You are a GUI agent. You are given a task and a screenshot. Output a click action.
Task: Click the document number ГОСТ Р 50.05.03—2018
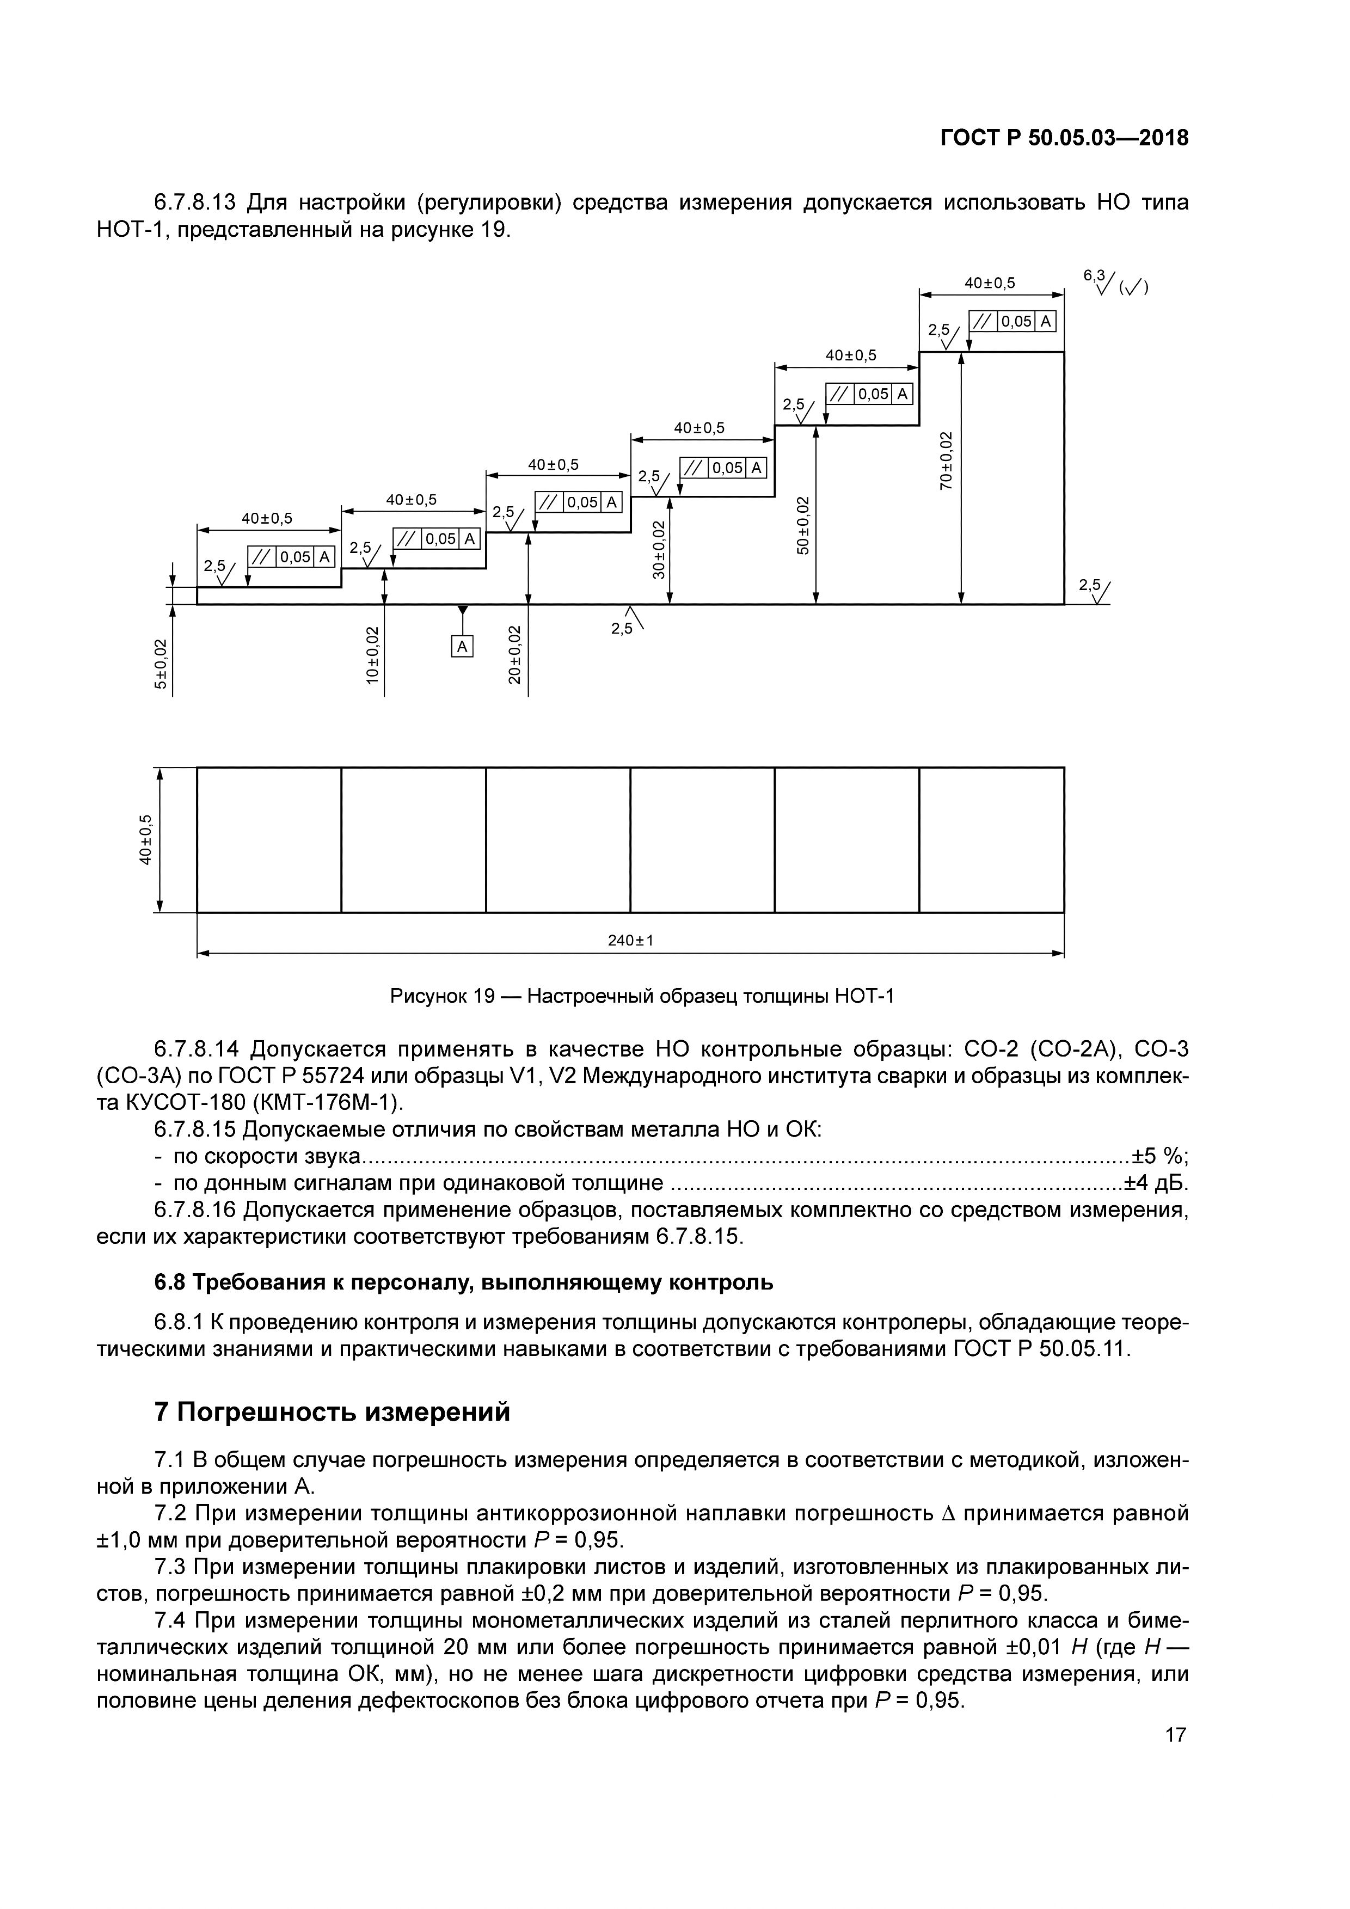click(x=1064, y=138)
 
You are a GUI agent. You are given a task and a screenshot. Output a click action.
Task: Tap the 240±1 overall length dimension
click(x=630, y=941)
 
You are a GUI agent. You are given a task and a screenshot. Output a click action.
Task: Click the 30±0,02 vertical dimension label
click(x=658, y=549)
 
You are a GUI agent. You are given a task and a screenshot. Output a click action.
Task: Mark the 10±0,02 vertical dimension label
click(x=372, y=654)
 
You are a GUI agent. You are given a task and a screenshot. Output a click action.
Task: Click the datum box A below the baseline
click(x=462, y=646)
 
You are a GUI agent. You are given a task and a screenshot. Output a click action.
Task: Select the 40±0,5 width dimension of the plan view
click(x=146, y=840)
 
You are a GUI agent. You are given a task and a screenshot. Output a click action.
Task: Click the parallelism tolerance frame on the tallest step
click(x=1012, y=322)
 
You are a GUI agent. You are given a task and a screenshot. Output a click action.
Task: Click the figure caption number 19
click(x=484, y=996)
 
